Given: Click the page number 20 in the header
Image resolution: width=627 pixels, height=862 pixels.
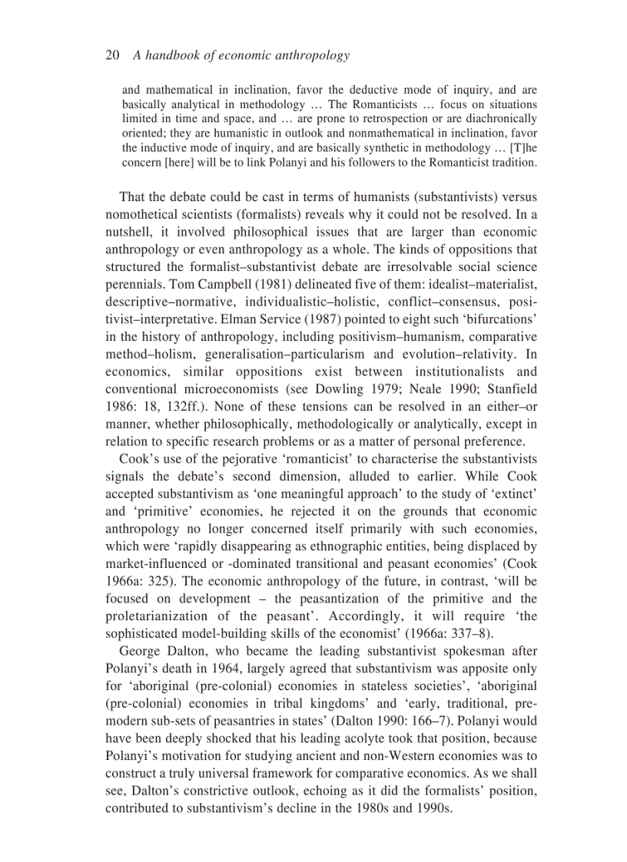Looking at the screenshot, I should pyautogui.click(x=111, y=55).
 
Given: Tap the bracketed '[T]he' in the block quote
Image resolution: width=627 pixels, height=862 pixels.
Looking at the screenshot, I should pyautogui.click(x=522, y=147).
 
